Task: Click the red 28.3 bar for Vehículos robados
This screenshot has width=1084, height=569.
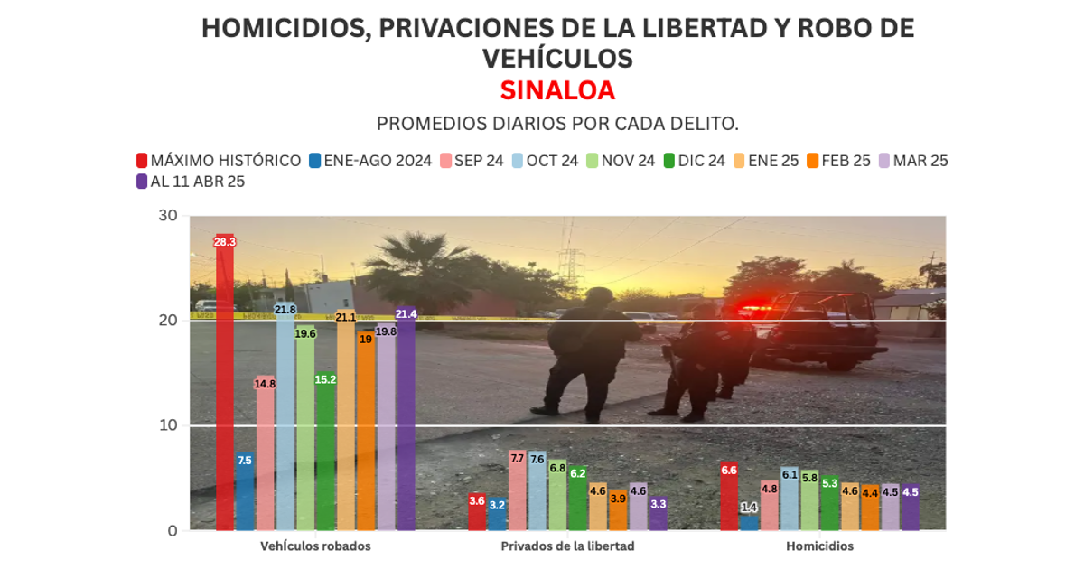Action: (225, 384)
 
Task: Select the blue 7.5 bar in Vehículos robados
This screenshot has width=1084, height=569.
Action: (245, 492)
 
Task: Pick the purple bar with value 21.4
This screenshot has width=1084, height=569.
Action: (406, 420)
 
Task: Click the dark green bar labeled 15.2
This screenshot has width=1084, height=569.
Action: (325, 452)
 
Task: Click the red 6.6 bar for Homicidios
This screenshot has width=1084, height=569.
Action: (730, 496)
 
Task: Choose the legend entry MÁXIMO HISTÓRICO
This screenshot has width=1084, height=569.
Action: (219, 161)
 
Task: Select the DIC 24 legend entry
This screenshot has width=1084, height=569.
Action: (695, 161)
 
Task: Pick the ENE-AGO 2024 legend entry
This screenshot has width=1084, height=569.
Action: (369, 161)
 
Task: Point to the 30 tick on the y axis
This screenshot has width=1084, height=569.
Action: (167, 215)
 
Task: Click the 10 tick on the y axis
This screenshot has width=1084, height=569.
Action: (167, 425)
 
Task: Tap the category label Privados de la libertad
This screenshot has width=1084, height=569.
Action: (567, 546)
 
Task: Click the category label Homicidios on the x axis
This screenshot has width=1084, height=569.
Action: (819, 546)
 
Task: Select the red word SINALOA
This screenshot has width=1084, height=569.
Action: (557, 90)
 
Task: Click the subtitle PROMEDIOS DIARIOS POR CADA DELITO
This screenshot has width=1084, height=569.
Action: (564, 123)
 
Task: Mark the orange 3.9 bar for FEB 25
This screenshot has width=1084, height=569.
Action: (618, 510)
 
